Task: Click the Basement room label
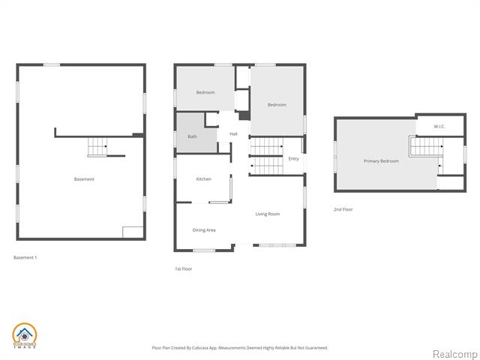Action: pos(84,179)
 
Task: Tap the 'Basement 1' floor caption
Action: pos(25,257)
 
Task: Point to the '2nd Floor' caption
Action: pos(343,209)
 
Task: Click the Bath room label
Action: pos(192,137)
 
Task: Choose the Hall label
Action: pos(233,134)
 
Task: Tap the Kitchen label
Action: pos(203,179)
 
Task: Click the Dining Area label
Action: pos(204,229)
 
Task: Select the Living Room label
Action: pos(267,214)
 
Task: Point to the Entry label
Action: pos(293,158)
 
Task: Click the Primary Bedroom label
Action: pos(381,161)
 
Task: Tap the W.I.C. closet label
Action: pos(439,126)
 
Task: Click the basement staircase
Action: pos(97,148)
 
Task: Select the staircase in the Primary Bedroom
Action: pos(424,148)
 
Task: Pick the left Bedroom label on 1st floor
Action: pos(205,92)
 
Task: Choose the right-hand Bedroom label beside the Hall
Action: pos(277,105)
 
